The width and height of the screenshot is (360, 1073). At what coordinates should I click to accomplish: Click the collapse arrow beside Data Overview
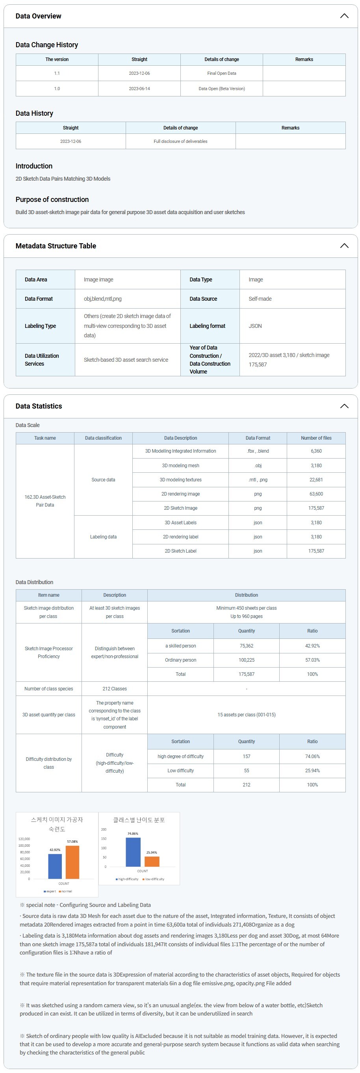344,16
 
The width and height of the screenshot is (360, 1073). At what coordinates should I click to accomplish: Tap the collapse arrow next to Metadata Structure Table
344,246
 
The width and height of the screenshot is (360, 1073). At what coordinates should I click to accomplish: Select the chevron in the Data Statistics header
344,406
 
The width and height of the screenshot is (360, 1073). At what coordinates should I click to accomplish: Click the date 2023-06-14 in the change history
139,89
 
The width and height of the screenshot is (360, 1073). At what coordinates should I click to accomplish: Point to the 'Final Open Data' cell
222,73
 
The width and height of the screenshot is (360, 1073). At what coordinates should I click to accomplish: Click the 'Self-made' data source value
260,299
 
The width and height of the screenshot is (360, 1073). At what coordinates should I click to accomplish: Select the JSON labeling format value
255,326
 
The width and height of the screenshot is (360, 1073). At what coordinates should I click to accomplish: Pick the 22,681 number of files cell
316,480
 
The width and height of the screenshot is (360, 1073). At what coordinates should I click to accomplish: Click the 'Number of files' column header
316,438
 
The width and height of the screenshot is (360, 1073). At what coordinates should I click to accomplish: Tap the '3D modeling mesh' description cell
180,466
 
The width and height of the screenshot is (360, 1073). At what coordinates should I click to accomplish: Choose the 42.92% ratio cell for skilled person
312,646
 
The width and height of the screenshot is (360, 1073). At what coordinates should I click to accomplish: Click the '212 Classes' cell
115,689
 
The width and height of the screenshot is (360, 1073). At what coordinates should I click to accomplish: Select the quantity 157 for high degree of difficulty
246,757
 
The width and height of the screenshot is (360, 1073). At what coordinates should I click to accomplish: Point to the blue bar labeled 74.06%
133,852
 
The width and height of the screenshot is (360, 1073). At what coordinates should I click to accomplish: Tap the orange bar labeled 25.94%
152,861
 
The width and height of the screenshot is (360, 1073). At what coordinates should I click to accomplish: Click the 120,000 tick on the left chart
24,839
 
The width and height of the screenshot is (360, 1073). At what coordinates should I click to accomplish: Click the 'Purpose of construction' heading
52,200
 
